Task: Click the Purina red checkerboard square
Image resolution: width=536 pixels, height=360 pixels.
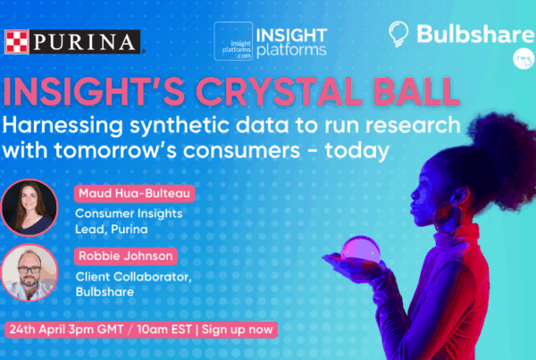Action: [x=17, y=42]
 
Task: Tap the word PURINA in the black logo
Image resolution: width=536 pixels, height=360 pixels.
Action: [x=84, y=42]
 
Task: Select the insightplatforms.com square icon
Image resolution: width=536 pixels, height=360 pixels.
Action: [x=233, y=41]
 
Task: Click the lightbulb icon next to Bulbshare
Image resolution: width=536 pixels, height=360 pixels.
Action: [x=398, y=34]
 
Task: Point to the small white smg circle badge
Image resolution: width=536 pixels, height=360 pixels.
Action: [x=523, y=59]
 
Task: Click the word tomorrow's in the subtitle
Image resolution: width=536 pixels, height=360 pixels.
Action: [x=115, y=150]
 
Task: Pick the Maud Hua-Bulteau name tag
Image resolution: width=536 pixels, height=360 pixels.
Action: [x=134, y=194]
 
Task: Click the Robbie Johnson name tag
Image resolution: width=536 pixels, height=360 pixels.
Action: [x=126, y=256]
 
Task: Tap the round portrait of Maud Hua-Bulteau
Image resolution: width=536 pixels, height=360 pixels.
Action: [x=29, y=207]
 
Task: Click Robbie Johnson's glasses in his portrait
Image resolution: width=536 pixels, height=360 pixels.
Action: [x=29, y=270]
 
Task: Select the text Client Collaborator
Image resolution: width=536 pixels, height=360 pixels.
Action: [x=133, y=277]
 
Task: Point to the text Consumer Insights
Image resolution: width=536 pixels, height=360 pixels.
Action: [x=129, y=213]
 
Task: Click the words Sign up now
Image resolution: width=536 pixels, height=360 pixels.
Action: [x=238, y=330]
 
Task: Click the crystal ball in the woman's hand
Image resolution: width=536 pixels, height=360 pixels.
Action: [x=361, y=250]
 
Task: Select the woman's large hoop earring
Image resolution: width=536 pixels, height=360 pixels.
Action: [x=448, y=217]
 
